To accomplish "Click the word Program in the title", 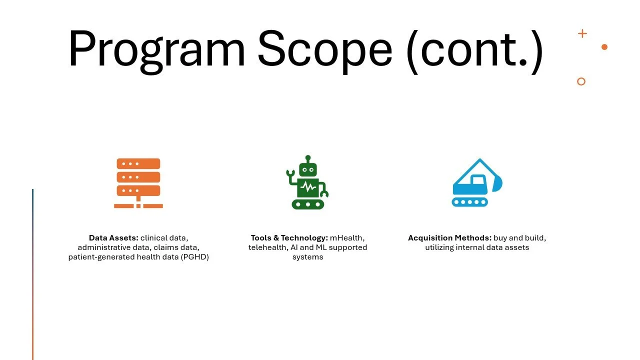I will coord(156,49).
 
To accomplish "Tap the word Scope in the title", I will coord(324,49).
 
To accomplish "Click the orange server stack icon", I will coord(138,182).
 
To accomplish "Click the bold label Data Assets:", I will coord(113,238).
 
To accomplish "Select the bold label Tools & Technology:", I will coord(289,238).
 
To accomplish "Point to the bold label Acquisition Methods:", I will coord(450,238).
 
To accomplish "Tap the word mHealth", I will coord(347,238).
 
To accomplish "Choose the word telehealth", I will coord(268,247).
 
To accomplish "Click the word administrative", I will coord(102,247).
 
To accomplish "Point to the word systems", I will coord(307,257).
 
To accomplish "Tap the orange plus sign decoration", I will coord(582,33).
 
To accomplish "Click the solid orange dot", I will coord(604,47).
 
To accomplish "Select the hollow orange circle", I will coord(581,81).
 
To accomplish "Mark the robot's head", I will coord(308,168).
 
